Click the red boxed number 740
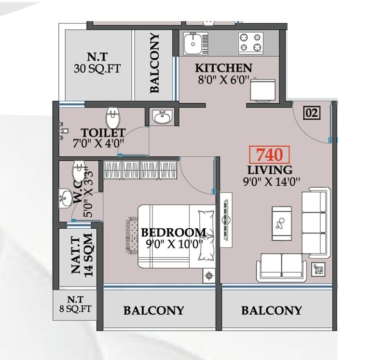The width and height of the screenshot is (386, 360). pyautogui.click(x=270, y=155)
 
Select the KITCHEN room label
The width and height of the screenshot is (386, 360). pyautogui.click(x=223, y=68)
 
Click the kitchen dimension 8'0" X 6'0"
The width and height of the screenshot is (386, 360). pyautogui.click(x=223, y=81)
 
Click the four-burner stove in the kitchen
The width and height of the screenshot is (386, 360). pyautogui.click(x=250, y=42)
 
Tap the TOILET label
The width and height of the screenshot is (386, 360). pyautogui.click(x=103, y=132)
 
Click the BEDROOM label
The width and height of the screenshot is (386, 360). pyautogui.click(x=174, y=233)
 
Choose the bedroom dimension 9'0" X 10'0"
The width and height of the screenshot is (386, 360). pyautogui.click(x=174, y=244)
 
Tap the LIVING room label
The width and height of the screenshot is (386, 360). pyautogui.click(x=270, y=170)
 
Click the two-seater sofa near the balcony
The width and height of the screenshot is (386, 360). pyautogui.click(x=281, y=267)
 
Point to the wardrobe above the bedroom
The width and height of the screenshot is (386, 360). pyautogui.click(x=141, y=170)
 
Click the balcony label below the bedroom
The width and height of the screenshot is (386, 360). pyautogui.click(x=153, y=310)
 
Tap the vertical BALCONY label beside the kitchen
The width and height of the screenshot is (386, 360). pyautogui.click(x=154, y=63)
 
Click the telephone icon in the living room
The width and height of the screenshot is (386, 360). pyautogui.click(x=319, y=268)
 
